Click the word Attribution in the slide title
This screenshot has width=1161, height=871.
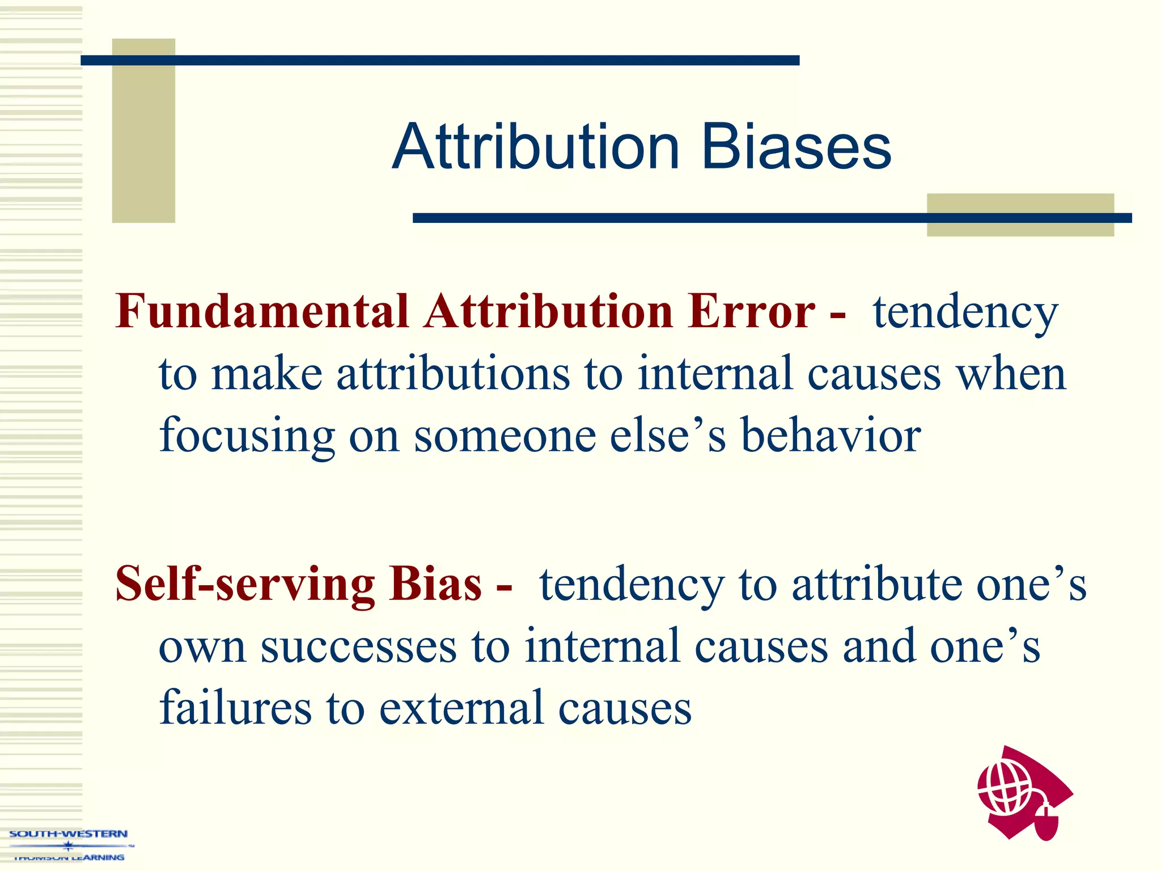tap(536, 147)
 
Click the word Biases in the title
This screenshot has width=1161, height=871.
tap(796, 147)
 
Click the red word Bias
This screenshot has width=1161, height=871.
tap(435, 584)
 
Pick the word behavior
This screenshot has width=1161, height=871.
tap(831, 435)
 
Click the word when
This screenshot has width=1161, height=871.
tap(1011, 374)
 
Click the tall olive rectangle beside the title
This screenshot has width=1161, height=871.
tap(143, 130)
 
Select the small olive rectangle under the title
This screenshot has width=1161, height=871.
tap(1020, 214)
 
